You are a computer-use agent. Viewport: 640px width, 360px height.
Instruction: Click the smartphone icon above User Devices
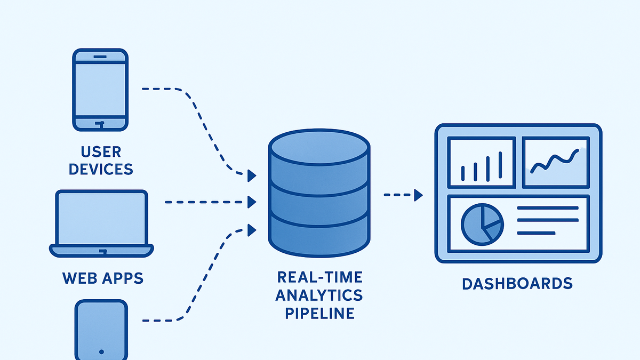point(100,90)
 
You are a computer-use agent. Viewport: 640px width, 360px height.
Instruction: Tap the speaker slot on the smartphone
point(100,57)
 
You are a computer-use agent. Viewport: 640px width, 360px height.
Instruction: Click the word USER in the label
point(101,151)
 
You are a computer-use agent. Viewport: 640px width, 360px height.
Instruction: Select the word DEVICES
point(101,169)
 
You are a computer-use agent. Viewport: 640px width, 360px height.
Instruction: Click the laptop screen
point(102,218)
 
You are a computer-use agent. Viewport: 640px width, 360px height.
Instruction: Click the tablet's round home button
point(101,351)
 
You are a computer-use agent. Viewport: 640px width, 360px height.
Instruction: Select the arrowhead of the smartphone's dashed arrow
point(251,175)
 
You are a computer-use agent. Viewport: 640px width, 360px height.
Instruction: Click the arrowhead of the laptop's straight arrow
point(251,202)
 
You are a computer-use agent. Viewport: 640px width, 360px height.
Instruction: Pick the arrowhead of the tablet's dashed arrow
point(251,230)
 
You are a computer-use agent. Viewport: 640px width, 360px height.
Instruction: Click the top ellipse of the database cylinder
point(319,148)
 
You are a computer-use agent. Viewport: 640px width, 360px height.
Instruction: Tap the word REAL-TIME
point(320,277)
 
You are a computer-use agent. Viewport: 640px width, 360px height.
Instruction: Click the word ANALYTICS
point(319,295)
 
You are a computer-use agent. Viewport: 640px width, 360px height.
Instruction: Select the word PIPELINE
point(319,313)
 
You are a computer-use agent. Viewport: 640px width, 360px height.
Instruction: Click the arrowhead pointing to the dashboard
point(418,195)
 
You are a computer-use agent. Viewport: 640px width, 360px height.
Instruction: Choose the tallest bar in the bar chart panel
point(500,165)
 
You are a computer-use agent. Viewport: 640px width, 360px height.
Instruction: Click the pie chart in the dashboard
point(482,225)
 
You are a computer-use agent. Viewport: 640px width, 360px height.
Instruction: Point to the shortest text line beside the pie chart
point(536,233)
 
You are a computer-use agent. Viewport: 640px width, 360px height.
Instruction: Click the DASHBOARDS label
point(517,284)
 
